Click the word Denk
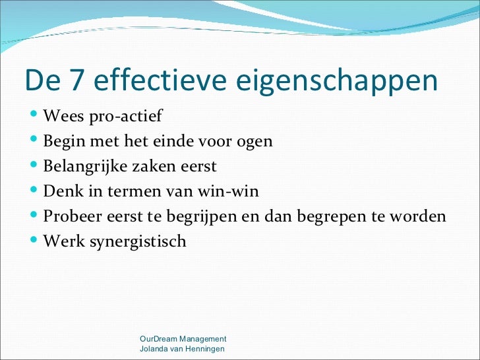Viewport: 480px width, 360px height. [x=61, y=191]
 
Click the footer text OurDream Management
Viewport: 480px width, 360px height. [x=183, y=338]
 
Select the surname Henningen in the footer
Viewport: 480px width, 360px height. [x=203, y=348]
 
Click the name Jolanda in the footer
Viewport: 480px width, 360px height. [x=154, y=348]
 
